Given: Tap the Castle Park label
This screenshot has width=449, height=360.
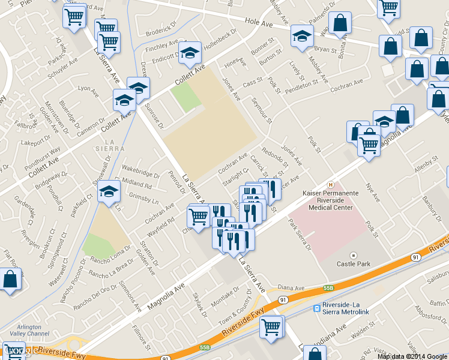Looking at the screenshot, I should (353, 263).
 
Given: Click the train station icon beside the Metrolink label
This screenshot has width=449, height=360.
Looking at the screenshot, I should (317, 308).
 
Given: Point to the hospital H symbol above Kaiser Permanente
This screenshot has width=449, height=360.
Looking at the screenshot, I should (329, 184).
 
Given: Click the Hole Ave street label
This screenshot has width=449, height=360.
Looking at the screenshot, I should (259, 23).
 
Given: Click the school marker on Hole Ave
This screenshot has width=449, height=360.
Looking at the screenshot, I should (301, 35).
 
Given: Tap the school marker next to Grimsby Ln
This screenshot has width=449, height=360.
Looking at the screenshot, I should (109, 191).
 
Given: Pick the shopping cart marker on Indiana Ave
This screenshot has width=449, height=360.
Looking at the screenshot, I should (271, 327).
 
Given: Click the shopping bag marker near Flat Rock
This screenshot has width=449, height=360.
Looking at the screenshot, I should (10, 279).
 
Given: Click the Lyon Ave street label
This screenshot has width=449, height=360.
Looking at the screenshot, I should (88, 91).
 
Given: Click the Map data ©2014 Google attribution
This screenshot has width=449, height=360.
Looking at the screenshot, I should (412, 356).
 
